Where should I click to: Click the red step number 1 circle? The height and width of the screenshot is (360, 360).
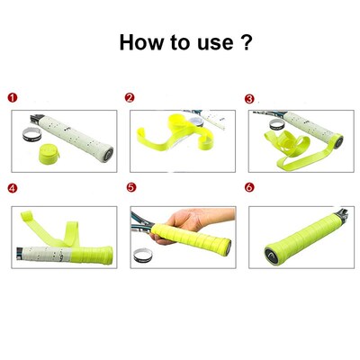12,98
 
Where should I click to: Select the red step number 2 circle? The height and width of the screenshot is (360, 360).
130,98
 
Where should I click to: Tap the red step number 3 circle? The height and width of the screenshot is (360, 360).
249,98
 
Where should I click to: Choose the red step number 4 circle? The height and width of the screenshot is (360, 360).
12,189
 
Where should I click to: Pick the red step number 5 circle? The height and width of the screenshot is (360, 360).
130,189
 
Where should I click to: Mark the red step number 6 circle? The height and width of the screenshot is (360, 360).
249,189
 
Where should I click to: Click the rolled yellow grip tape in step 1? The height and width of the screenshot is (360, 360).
42,155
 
